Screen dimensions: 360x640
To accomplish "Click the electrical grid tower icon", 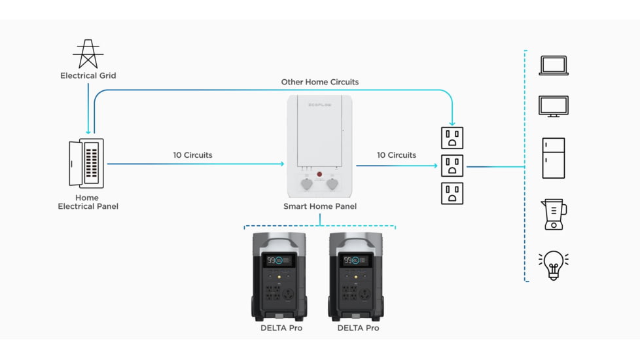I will (88, 54).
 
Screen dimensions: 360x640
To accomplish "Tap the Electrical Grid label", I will (88, 76).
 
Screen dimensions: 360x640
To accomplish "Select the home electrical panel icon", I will (86, 164).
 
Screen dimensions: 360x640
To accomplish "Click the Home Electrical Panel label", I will (88, 202).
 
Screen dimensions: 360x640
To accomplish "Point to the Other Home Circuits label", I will (320, 82).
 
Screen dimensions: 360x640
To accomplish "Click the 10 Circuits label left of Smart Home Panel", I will (192, 155).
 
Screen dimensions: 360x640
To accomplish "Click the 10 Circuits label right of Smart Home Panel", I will (397, 155).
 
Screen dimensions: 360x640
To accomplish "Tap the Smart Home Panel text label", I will (320, 207).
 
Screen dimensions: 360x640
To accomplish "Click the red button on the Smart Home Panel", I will (320, 174).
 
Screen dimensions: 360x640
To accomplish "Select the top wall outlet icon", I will (452, 138).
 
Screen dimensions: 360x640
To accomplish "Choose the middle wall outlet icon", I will (452, 166).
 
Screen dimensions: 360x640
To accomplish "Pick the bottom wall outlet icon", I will (452, 194).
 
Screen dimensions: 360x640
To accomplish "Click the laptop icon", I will (553, 65).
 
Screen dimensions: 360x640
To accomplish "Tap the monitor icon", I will (553, 106).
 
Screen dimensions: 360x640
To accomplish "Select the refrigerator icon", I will (553, 158).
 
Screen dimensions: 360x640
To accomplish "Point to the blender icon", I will (554, 215).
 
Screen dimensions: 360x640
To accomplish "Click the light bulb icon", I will (553, 264).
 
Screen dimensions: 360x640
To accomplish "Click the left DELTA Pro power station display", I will (278, 261).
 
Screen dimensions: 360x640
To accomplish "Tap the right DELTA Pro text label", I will (358, 328).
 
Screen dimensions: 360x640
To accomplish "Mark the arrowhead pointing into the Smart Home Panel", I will (281, 164).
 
